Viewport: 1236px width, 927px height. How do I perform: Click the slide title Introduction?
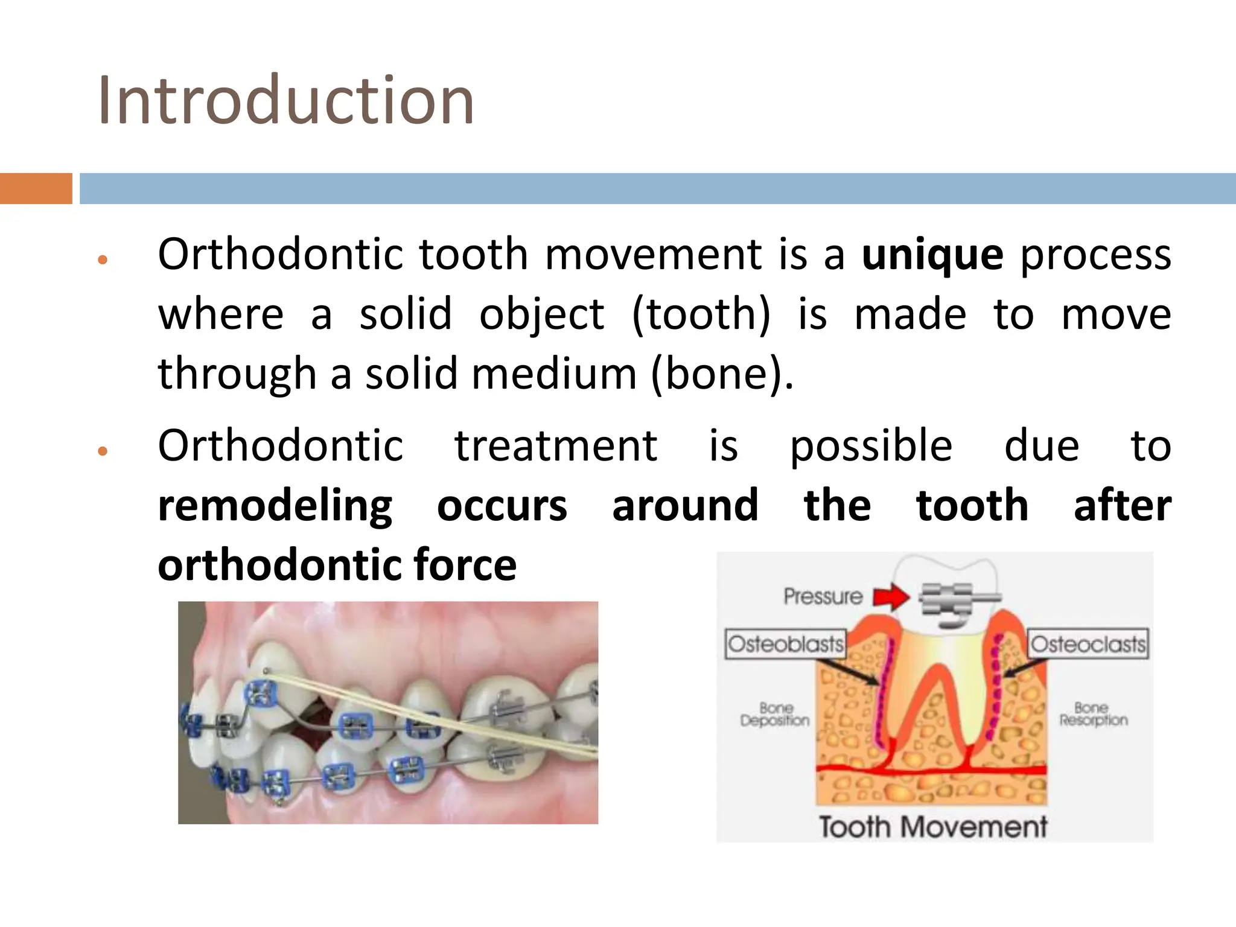(x=285, y=100)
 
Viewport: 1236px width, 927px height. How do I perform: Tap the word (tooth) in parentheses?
(x=701, y=314)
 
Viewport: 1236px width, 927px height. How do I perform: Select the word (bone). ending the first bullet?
(x=722, y=374)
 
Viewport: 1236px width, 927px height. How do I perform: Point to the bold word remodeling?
(x=275, y=506)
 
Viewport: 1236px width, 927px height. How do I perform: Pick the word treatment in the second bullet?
(x=555, y=447)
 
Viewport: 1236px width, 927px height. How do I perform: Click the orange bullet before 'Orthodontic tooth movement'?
(x=103, y=260)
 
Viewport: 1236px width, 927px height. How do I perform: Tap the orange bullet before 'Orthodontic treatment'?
(x=103, y=451)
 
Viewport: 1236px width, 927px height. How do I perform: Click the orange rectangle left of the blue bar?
(x=36, y=188)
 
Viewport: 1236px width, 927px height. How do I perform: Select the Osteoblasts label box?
(x=785, y=644)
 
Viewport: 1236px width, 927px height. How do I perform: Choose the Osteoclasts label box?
(x=1088, y=644)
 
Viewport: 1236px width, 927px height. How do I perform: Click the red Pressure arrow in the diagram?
(x=891, y=597)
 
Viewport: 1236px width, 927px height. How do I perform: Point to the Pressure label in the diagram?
(x=823, y=597)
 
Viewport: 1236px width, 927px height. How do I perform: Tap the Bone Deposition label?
(x=775, y=715)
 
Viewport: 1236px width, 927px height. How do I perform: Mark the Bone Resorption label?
(x=1093, y=715)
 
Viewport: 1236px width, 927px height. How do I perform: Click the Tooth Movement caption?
(x=932, y=827)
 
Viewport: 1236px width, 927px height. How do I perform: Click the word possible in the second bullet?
(x=871, y=447)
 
